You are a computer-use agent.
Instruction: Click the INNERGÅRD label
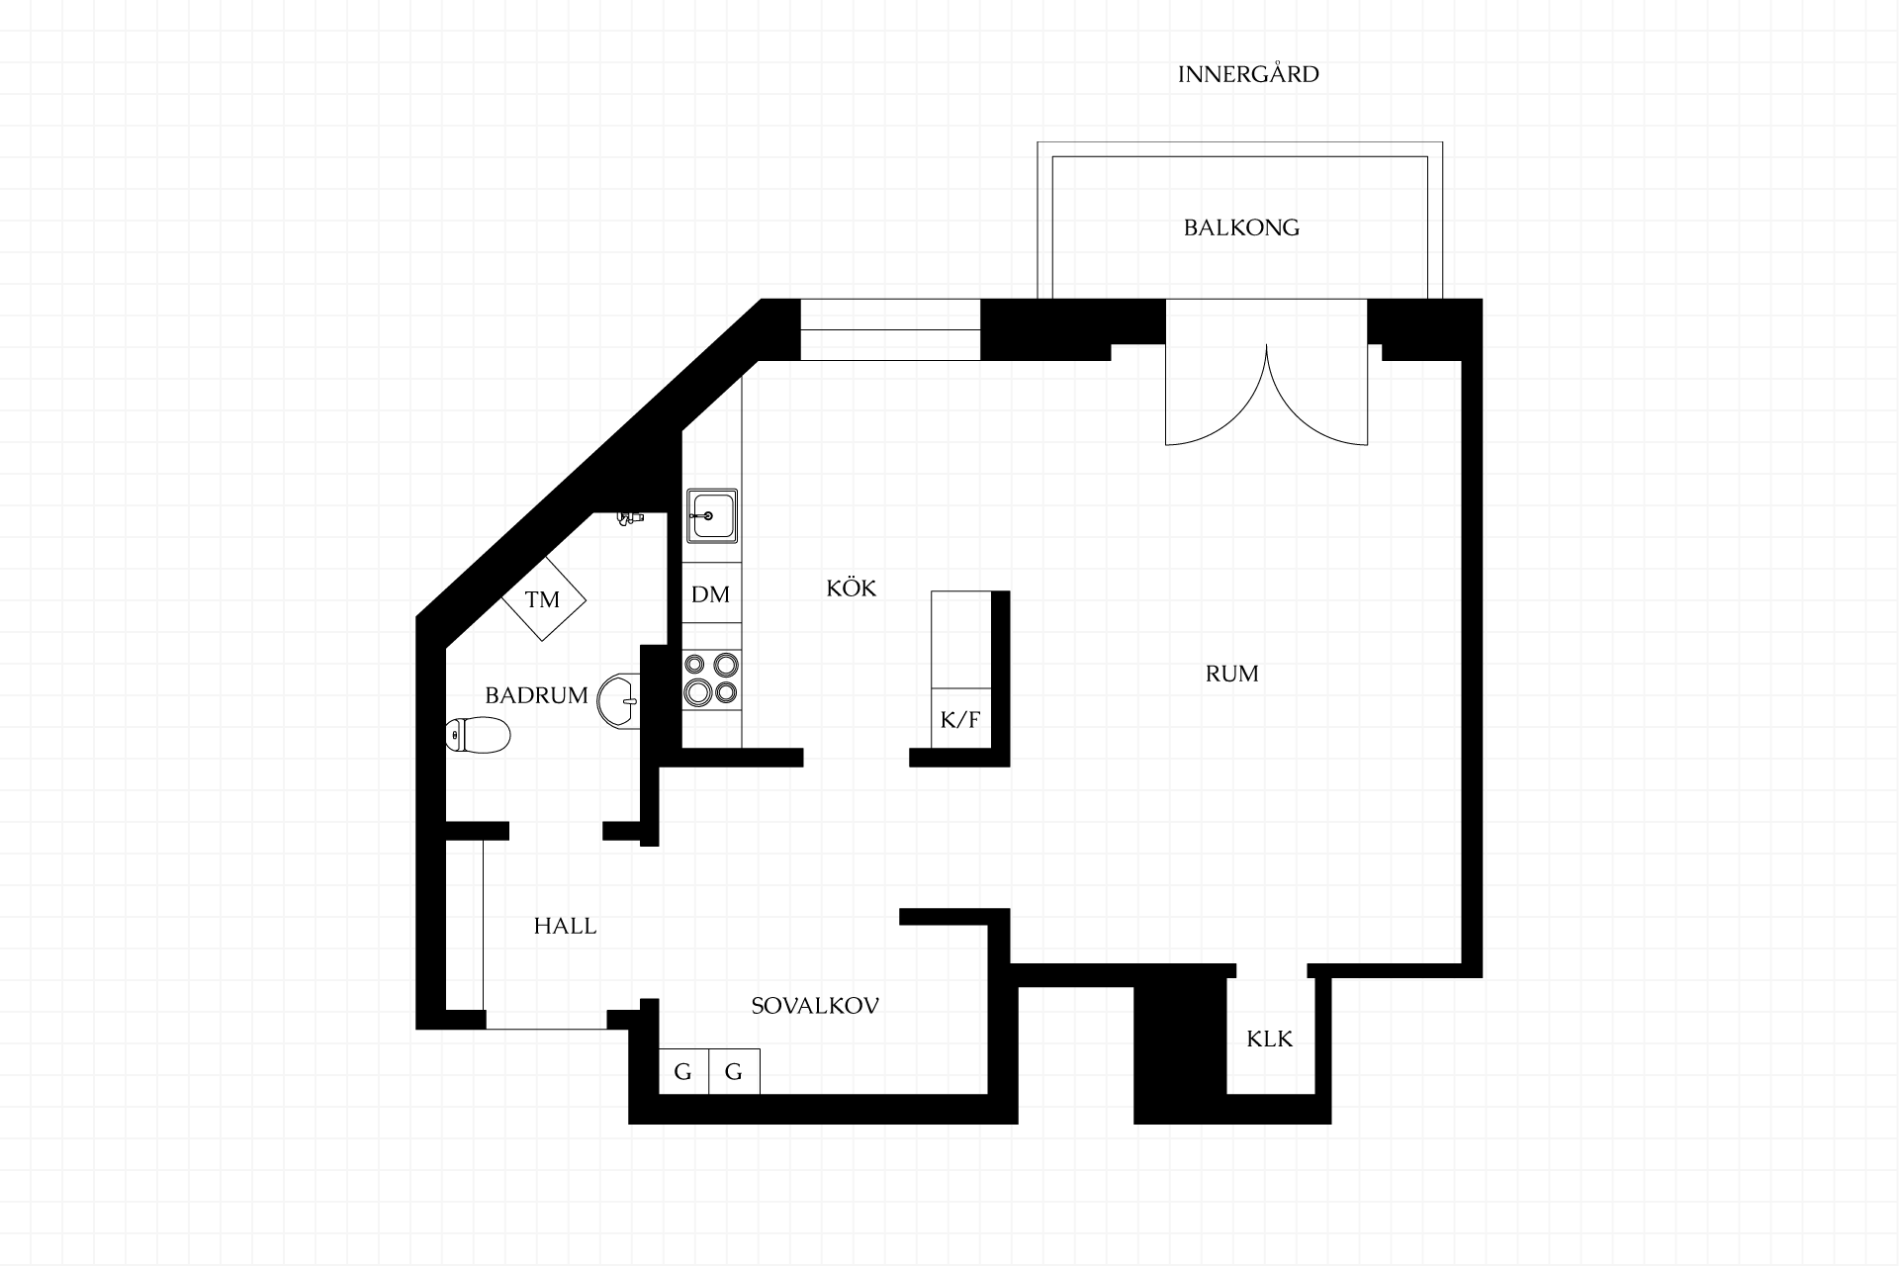tap(1248, 74)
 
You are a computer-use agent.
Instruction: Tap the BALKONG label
tap(1241, 227)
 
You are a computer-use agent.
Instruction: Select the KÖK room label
tap(852, 588)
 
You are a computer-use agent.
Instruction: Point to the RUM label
tap(1232, 674)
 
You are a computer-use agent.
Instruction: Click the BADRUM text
tap(536, 695)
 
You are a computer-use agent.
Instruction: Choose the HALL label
tap(565, 926)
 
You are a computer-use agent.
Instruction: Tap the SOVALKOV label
tap(815, 1006)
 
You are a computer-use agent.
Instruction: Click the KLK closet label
tap(1270, 1039)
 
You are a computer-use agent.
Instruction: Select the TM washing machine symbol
tap(543, 598)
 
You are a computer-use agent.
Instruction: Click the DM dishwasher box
tap(711, 593)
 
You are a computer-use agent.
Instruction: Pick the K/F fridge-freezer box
tap(960, 718)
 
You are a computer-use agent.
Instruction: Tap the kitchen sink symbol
tap(711, 515)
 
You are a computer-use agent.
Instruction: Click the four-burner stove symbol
tap(711, 678)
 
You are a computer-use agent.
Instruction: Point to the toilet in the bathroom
tap(479, 735)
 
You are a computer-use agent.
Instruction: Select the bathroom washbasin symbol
tap(620, 701)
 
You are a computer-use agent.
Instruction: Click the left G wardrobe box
tap(683, 1071)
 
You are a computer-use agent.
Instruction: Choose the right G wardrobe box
tap(734, 1071)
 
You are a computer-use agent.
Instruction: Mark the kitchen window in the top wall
tap(890, 329)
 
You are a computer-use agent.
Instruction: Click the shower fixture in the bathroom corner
tap(630, 517)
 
